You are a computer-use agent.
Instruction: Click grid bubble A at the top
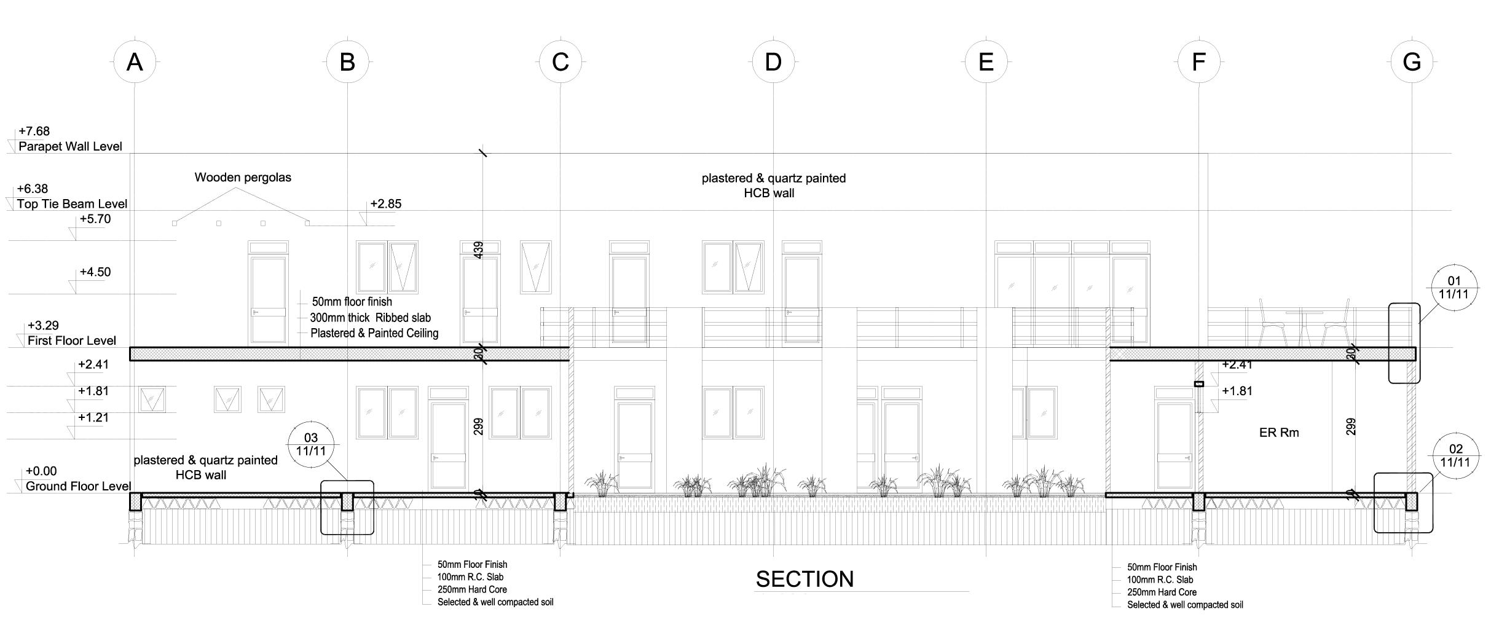(x=135, y=62)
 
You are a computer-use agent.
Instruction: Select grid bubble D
(x=773, y=62)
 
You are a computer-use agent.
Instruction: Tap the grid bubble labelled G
(x=1412, y=62)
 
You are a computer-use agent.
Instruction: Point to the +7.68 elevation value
(x=34, y=131)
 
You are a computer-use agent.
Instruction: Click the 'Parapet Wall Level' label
(x=70, y=146)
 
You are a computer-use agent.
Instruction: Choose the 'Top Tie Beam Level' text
(x=72, y=203)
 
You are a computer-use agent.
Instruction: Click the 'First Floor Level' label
(x=71, y=340)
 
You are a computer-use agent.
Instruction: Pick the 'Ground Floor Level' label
(x=78, y=486)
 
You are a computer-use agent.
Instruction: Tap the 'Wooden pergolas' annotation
(x=243, y=178)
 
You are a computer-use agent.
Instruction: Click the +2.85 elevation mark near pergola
(x=385, y=204)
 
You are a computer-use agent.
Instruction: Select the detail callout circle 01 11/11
(x=1454, y=288)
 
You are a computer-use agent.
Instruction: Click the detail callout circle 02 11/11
(x=1455, y=455)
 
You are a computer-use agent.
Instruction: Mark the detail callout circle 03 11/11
(x=311, y=444)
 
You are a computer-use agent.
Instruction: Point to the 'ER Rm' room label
(x=1279, y=433)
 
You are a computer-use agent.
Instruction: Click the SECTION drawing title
(x=805, y=579)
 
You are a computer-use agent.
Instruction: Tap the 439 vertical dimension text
(x=479, y=250)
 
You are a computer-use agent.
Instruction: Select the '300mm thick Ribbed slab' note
(x=370, y=318)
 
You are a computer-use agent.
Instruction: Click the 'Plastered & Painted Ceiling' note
(x=374, y=333)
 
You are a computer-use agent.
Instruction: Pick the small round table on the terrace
(x=1304, y=313)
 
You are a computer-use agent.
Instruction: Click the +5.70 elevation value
(x=95, y=219)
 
